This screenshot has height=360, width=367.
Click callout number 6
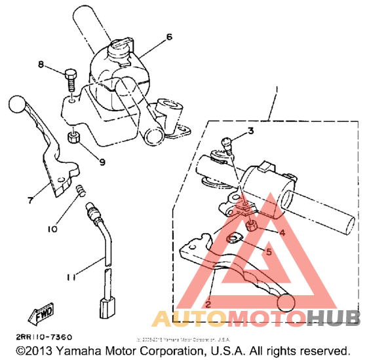169,37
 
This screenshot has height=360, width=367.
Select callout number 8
41,65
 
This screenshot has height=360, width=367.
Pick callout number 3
251,132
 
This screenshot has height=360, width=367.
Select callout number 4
282,232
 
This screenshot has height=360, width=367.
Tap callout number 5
269,250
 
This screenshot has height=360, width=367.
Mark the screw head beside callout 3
226,140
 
